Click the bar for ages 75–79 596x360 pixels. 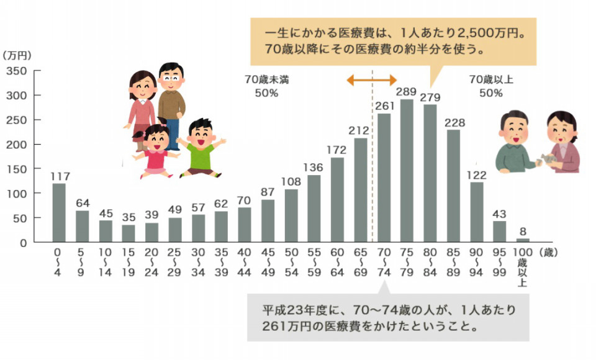pyautogui.click(x=407, y=171)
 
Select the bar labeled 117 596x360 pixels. pyautogui.click(x=58, y=212)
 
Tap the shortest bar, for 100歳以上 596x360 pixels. pyautogui.click(x=523, y=240)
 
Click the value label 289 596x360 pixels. pyautogui.click(x=406, y=93)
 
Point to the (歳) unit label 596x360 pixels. pyautogui.click(x=550, y=251)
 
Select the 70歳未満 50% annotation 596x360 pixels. pyautogui.click(x=266, y=86)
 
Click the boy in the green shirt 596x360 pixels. pyautogui.click(x=201, y=149)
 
